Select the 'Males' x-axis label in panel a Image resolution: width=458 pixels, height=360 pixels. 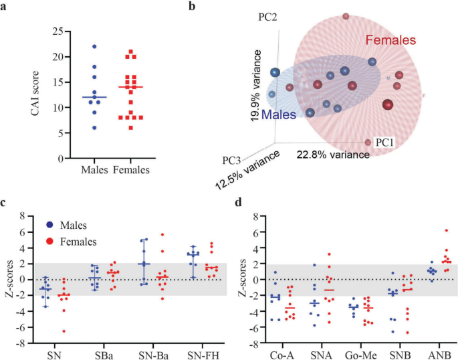click(x=95, y=170)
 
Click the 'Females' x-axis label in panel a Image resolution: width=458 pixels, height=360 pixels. click(x=131, y=170)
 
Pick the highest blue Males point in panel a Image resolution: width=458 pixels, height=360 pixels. click(x=95, y=47)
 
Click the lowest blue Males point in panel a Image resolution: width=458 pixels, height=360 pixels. click(x=95, y=127)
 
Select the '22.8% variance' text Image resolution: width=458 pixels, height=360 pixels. click(x=333, y=155)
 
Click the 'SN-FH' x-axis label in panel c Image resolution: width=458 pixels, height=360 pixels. click(x=193, y=352)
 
